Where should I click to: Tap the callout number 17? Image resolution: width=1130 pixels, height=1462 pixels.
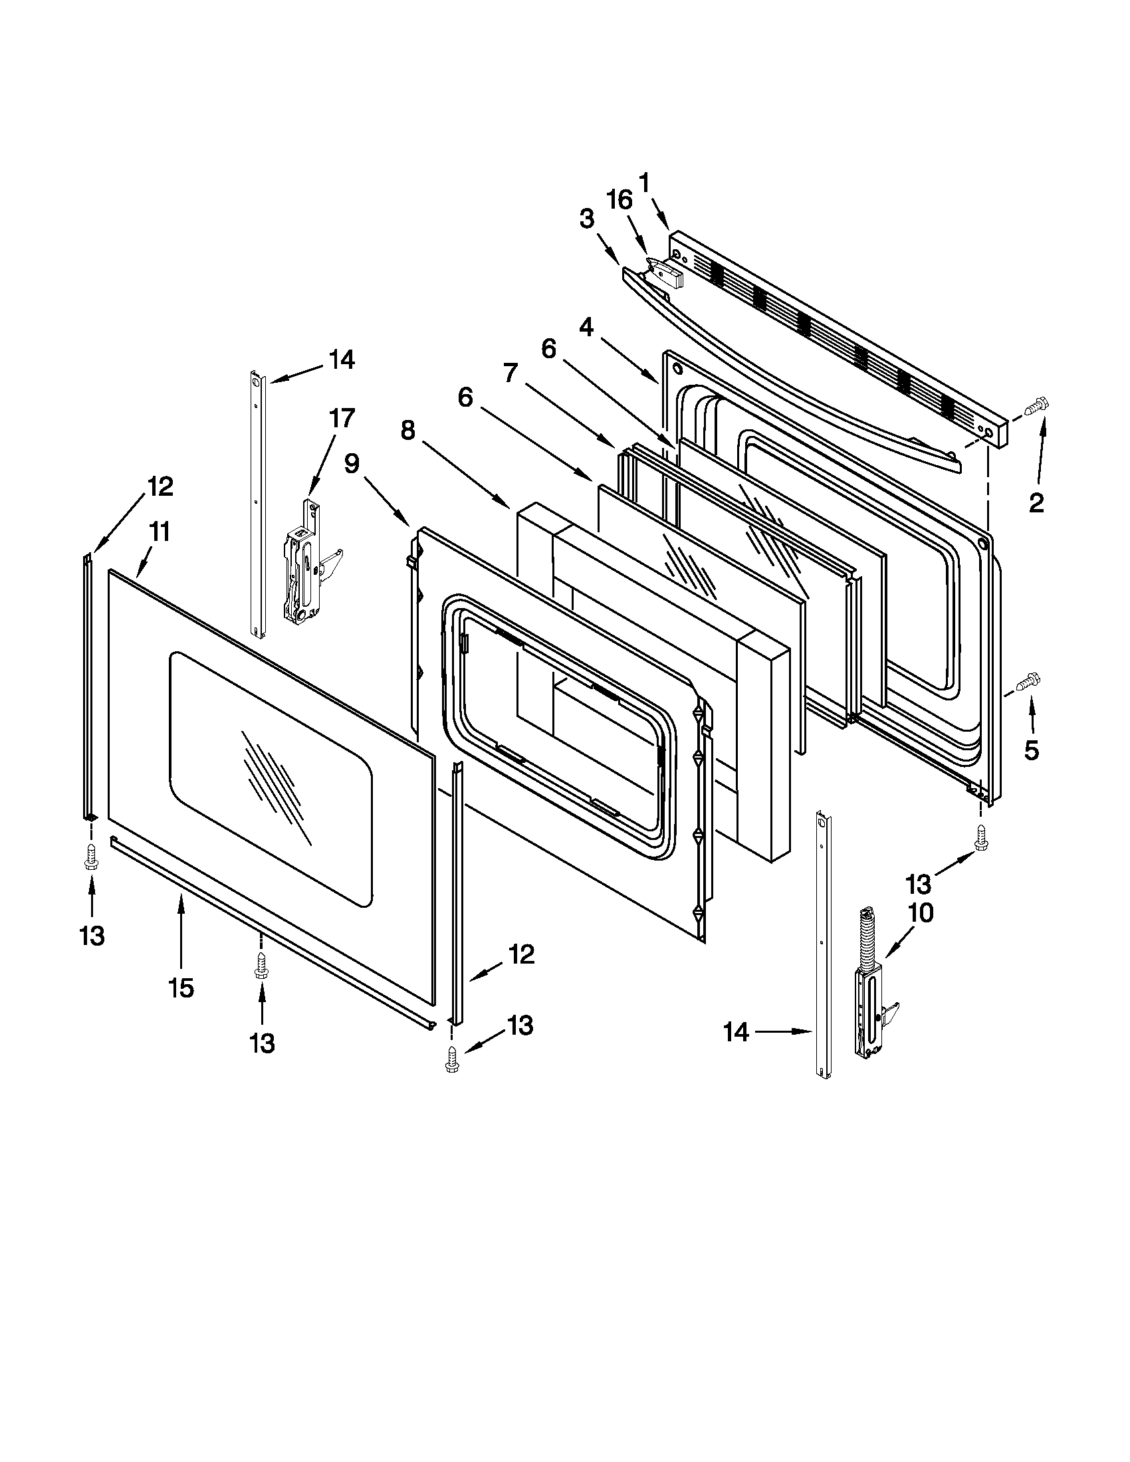pos(341,419)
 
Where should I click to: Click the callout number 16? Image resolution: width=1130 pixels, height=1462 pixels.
pos(620,199)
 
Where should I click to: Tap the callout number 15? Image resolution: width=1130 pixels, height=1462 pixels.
pos(181,988)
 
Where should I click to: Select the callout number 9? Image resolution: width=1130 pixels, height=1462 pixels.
pos(352,463)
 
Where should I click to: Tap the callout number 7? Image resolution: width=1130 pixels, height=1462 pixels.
pos(510,373)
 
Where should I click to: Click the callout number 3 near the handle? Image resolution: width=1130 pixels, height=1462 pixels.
pos(586,219)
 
